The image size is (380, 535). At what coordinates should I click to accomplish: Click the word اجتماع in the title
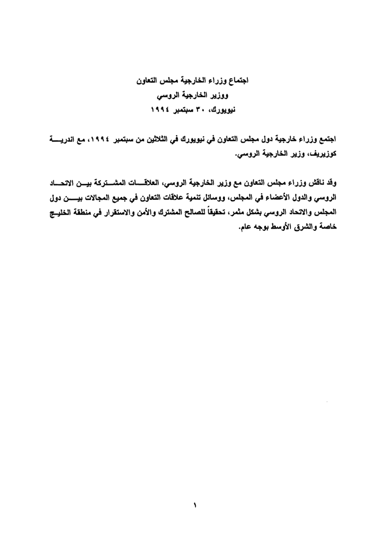tap(237, 80)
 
